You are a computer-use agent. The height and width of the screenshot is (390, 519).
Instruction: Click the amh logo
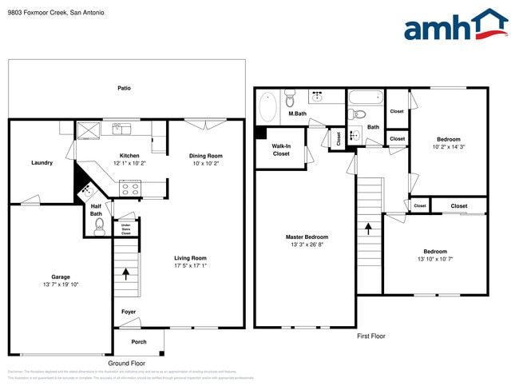455,26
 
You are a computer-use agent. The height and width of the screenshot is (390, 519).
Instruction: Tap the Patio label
124,88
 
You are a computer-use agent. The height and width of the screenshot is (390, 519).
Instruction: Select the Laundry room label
42,163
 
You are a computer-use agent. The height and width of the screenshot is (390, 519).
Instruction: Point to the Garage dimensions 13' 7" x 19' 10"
61,285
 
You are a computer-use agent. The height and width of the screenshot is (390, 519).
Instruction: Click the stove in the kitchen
130,189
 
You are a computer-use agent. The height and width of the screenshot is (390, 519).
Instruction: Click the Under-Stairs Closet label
125,229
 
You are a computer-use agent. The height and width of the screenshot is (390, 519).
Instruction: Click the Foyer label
128,312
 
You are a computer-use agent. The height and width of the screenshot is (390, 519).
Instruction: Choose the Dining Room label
205,156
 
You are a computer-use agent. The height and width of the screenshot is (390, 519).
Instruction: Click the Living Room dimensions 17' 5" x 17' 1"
191,266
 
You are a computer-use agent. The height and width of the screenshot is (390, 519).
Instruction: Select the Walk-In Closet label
281,149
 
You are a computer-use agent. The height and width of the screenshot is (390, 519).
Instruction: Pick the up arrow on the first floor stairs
368,229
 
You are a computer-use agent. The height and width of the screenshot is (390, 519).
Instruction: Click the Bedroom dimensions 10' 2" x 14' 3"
448,146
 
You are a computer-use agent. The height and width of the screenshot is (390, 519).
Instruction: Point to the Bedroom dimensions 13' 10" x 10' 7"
435,259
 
